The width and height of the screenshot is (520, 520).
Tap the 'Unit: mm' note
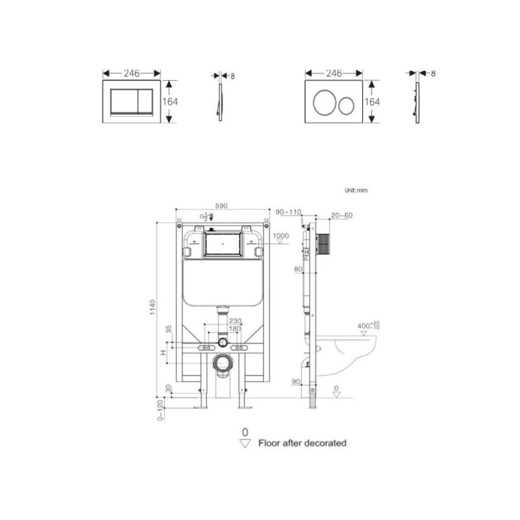(356, 190)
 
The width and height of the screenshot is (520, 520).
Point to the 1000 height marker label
(280, 236)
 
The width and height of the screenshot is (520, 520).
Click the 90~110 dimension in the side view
(289, 212)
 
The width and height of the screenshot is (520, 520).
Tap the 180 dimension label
(235, 329)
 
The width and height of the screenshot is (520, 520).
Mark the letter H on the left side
(163, 352)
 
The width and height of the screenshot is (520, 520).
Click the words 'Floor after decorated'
(302, 443)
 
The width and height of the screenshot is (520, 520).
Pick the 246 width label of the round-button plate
(333, 73)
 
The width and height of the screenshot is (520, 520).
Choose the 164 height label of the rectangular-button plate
(170, 102)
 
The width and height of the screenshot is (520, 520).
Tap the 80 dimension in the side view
(298, 269)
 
